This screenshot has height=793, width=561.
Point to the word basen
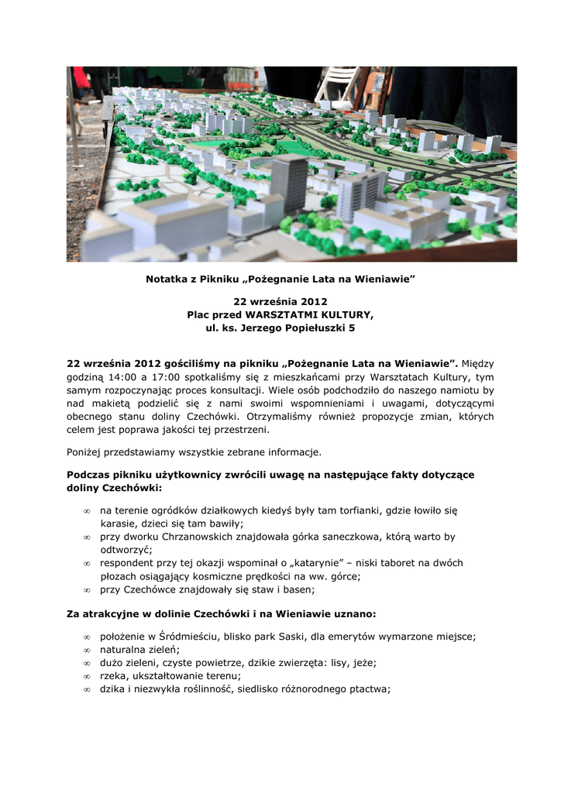point(299,589)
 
